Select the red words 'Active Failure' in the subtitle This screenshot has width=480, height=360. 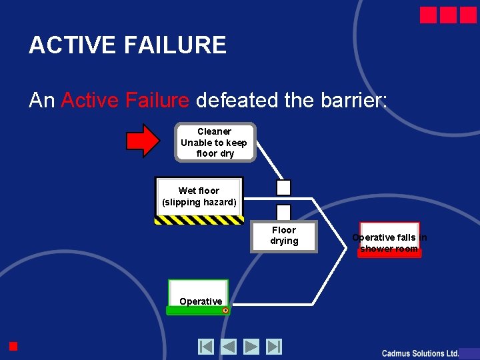pos(125,100)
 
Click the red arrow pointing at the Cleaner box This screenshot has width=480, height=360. pos(143,141)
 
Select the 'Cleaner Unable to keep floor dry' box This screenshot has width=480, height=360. pos(215,143)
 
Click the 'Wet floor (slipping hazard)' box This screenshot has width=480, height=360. pos(199,197)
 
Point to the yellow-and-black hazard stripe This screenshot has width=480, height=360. pos(199,220)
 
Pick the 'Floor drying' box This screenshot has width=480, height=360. pos(284,236)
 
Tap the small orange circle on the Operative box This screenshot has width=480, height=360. pos(225,310)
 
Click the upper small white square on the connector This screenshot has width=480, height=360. pos(284,187)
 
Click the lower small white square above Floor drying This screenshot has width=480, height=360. pos(284,211)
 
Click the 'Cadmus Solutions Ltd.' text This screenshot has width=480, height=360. pos(420,353)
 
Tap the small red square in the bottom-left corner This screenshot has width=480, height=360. pos(13,345)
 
